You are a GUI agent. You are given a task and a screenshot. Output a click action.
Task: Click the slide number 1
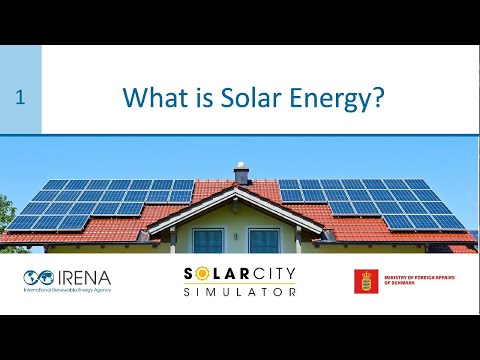pos(20,97)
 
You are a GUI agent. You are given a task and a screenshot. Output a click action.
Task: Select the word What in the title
pos(152,98)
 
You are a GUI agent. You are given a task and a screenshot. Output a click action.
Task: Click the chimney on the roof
pos(242,174)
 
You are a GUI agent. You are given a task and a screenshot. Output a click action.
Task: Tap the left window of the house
pos(208,240)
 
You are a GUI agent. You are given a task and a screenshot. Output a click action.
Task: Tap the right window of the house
pos(264,240)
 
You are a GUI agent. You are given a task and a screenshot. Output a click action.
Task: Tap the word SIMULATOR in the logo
pos(240,291)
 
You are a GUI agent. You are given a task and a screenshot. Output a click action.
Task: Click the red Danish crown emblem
pos(366,281)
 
